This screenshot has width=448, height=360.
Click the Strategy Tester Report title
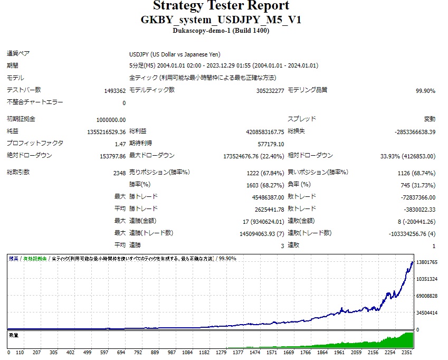(x=221, y=6)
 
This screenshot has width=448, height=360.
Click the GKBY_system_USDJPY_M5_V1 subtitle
(x=221, y=20)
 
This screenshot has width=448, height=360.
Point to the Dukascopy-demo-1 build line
(x=221, y=31)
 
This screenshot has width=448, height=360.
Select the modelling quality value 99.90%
(x=425, y=91)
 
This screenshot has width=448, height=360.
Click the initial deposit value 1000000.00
(x=111, y=120)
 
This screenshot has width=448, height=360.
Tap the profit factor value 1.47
(x=120, y=144)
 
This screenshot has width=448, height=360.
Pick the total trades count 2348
(x=119, y=173)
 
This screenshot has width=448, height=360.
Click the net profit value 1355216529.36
(x=99, y=131)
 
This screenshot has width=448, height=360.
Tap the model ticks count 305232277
(x=270, y=91)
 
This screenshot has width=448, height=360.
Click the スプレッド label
(x=302, y=119)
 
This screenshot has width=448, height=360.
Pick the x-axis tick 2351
(x=406, y=352)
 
